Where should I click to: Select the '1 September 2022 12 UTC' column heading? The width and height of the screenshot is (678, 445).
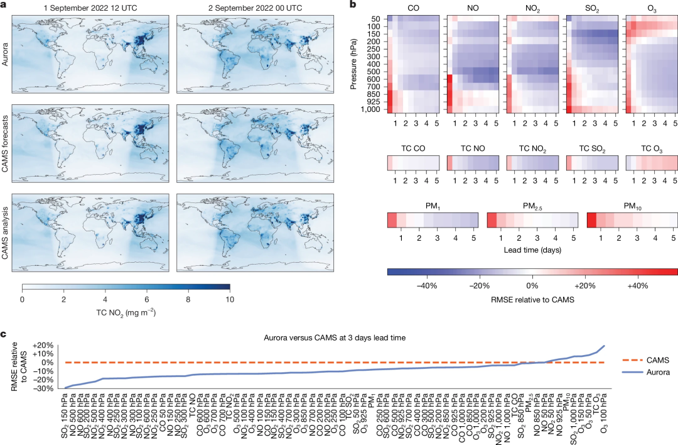(90, 8)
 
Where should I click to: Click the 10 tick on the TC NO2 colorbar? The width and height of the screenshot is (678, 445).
(229, 299)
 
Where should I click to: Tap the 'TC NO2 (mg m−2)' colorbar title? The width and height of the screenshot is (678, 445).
(126, 312)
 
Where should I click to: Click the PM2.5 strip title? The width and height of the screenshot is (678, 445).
(532, 206)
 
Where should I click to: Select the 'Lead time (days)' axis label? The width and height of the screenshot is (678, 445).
(532, 250)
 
